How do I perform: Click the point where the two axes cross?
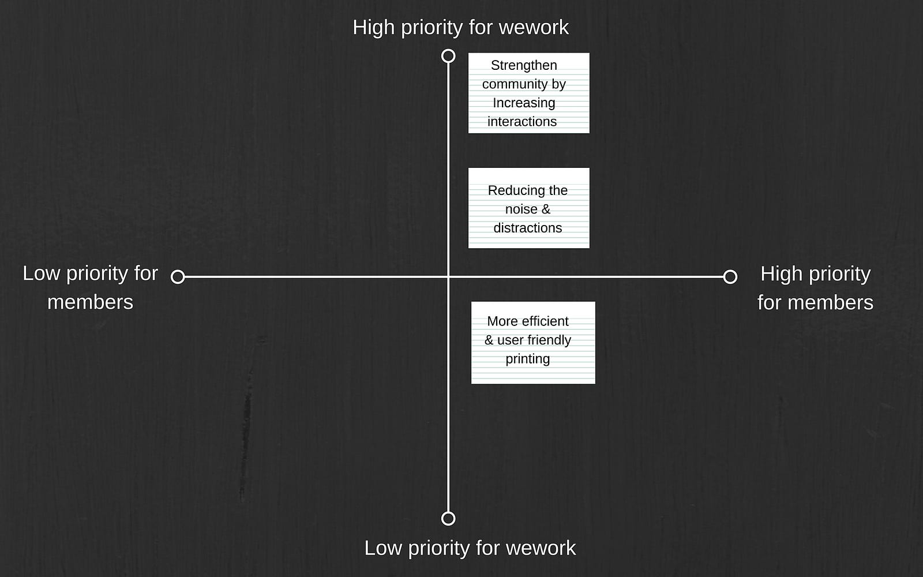pyautogui.click(x=448, y=276)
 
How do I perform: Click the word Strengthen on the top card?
pyautogui.click(x=524, y=66)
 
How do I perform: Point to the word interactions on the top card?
pyautogui.click(x=522, y=122)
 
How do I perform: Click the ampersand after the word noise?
pyautogui.click(x=546, y=209)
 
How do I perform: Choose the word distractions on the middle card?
pyautogui.click(x=527, y=228)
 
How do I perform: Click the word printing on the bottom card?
pyautogui.click(x=527, y=359)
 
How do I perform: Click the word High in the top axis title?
pyautogui.click(x=374, y=28)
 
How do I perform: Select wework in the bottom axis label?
pyautogui.click(x=541, y=548)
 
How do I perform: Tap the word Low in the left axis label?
pyautogui.click(x=41, y=273)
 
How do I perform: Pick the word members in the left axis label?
pyautogui.click(x=90, y=302)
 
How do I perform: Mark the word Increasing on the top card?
pyautogui.click(x=524, y=103)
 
